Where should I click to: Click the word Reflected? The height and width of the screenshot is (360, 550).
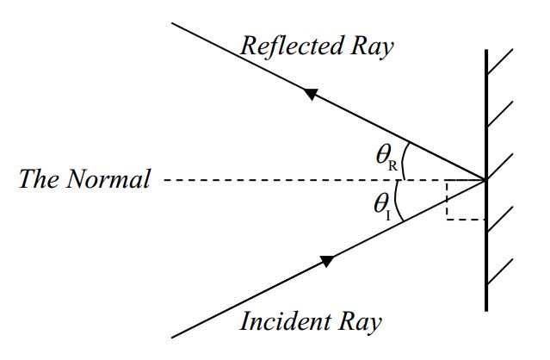(287, 46)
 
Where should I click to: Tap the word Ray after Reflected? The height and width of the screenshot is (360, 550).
(368, 46)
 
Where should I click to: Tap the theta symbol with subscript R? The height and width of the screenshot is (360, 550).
(386, 155)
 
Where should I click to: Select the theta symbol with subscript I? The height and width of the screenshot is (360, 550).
(382, 205)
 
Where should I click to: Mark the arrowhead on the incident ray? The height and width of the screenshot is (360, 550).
(326, 260)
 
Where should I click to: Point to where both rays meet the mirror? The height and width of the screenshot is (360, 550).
(486, 180)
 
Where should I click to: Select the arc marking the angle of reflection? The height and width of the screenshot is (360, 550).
(407, 161)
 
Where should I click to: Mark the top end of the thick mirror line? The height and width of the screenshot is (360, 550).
(486, 51)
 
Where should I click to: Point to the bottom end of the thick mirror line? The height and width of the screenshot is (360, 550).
(486, 309)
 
